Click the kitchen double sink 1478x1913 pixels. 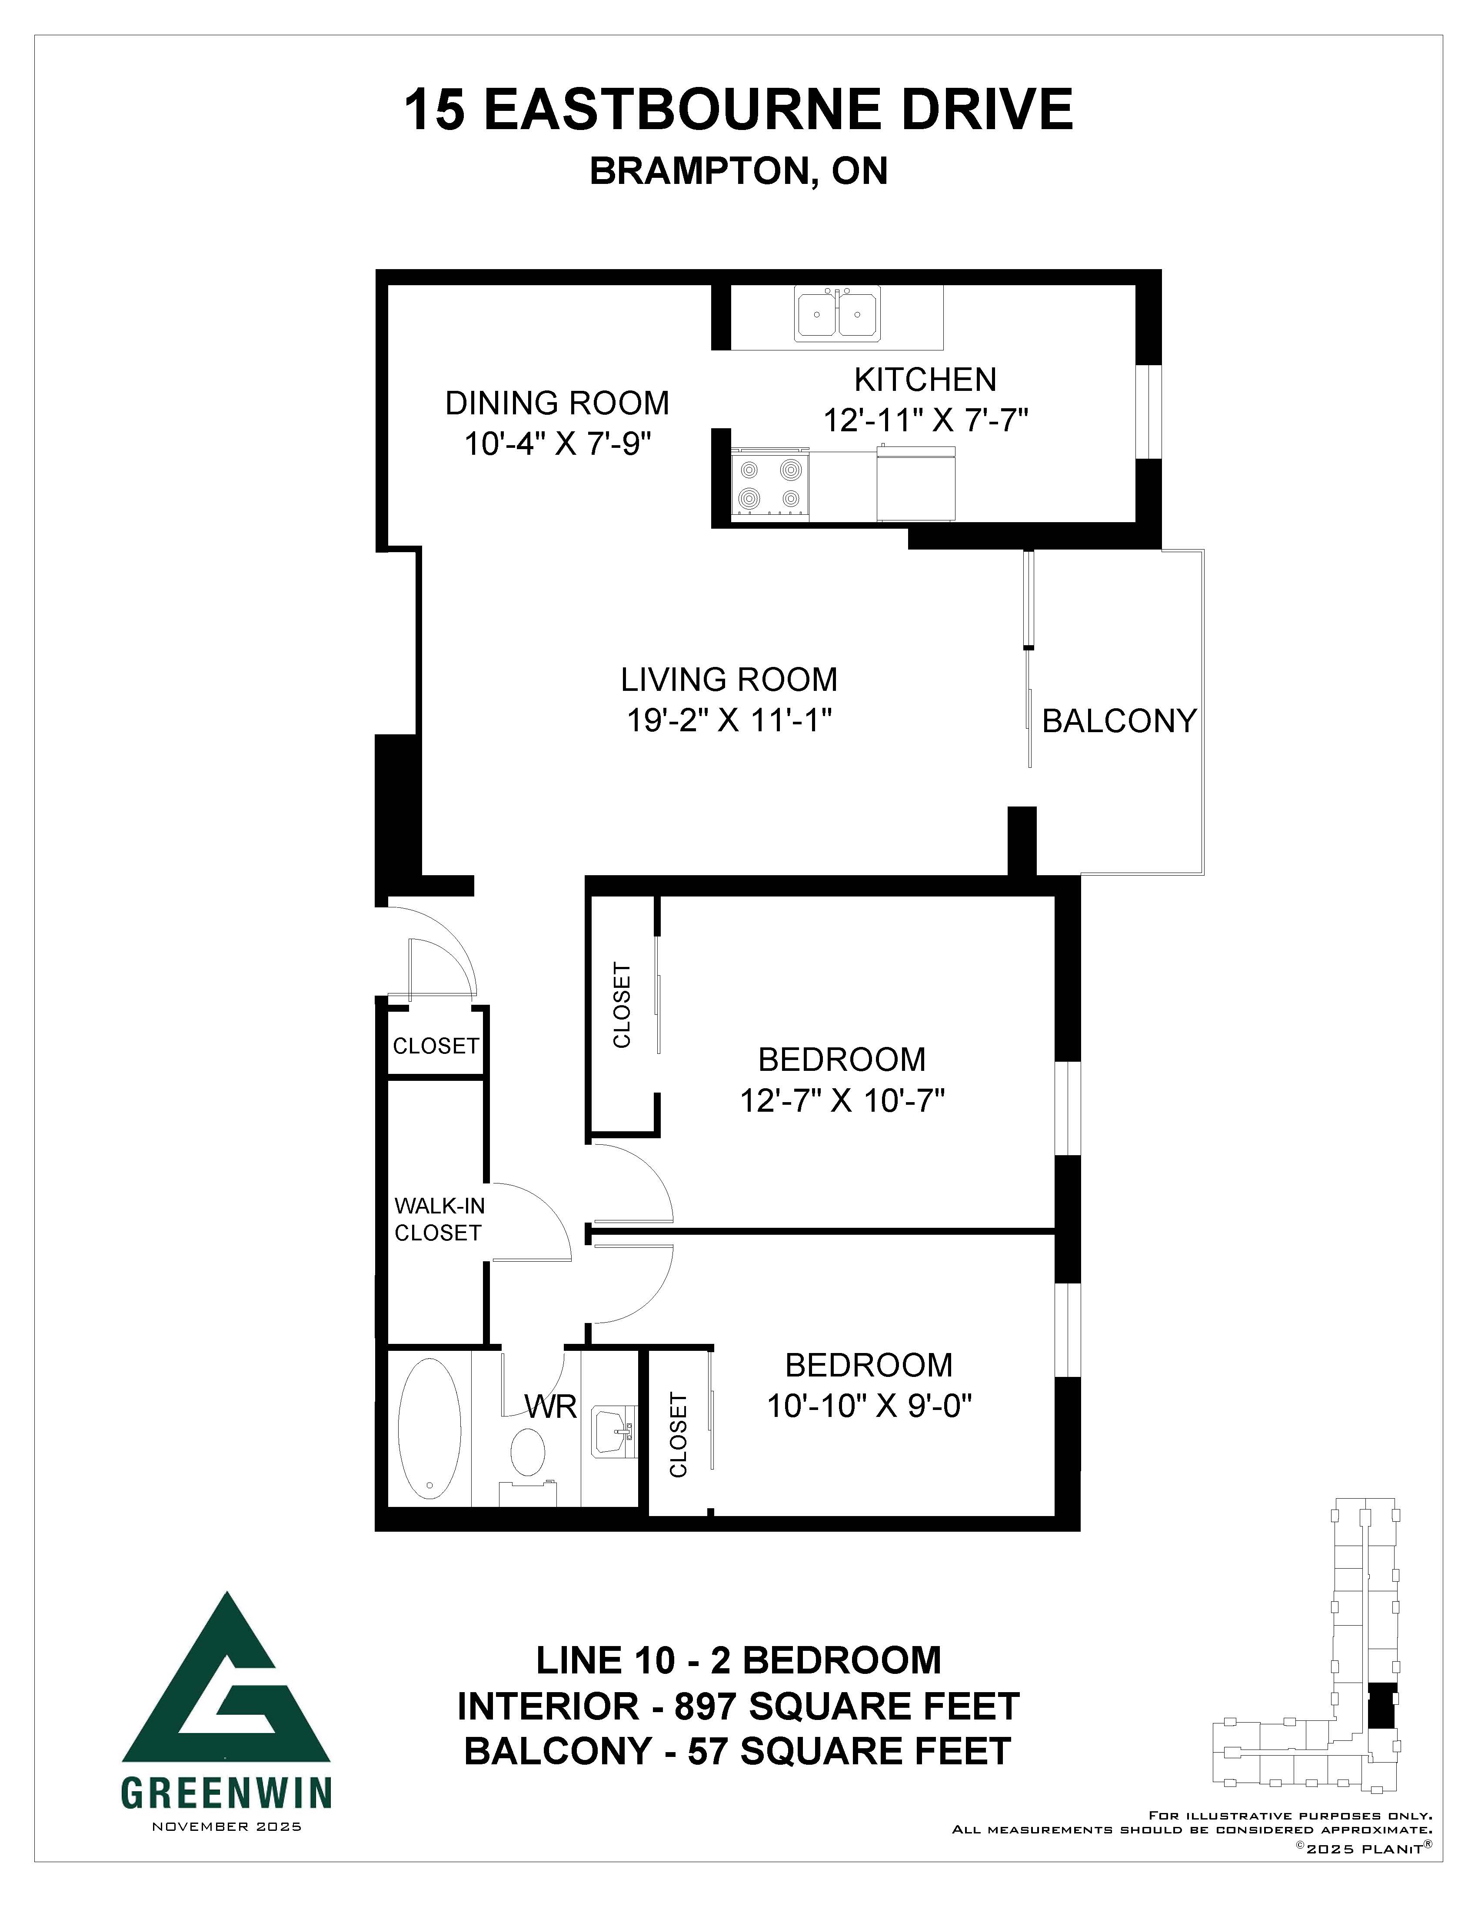point(837,314)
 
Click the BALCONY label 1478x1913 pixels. point(1119,721)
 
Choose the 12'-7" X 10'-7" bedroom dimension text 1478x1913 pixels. point(842,1100)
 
